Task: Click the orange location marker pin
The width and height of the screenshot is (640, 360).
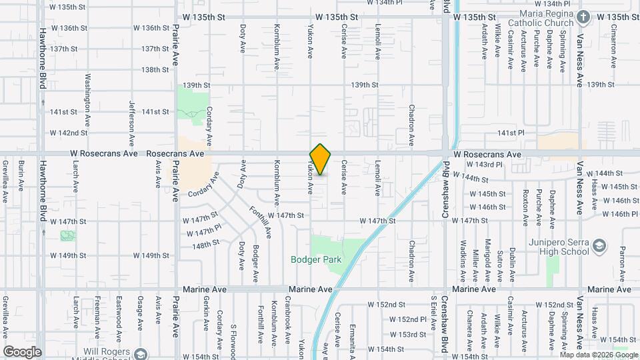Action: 321,159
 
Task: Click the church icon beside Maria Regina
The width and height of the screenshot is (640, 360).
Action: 583,16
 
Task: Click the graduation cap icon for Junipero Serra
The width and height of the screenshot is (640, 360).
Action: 599,246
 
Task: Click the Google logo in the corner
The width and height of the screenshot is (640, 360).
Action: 22,352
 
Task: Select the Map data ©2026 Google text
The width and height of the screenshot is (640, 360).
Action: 599,355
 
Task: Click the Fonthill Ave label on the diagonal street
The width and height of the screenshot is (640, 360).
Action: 260,221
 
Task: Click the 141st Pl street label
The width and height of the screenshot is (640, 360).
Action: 512,133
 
